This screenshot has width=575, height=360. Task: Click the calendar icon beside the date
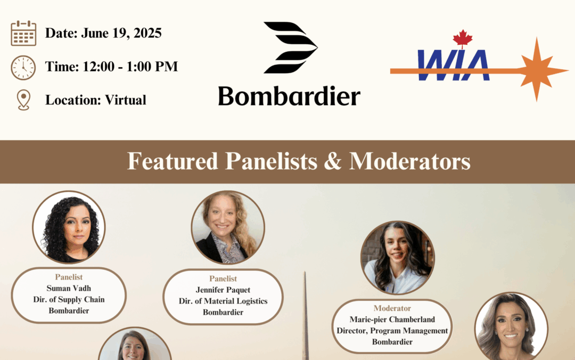click(23, 33)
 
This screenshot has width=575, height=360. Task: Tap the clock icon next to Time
click(23, 68)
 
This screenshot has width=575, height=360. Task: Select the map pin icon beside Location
click(23, 100)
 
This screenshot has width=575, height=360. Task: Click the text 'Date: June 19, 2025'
click(103, 33)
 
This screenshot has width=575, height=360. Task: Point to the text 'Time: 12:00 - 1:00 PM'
click(111, 67)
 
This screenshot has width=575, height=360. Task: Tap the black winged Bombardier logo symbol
click(290, 47)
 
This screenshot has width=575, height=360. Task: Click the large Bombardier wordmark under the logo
click(289, 97)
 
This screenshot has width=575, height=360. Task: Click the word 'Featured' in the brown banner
click(172, 161)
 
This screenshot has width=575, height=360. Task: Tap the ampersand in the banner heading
click(332, 161)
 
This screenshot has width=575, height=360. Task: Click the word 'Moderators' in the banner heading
click(410, 161)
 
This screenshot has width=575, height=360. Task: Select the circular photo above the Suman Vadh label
click(69, 227)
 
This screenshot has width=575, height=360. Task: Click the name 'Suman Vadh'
click(69, 289)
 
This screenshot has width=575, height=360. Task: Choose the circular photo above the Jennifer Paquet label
click(228, 227)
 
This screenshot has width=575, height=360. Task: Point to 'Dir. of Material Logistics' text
click(223, 301)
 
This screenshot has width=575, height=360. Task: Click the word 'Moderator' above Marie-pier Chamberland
click(392, 308)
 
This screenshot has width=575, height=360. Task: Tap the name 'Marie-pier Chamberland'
click(392, 319)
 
